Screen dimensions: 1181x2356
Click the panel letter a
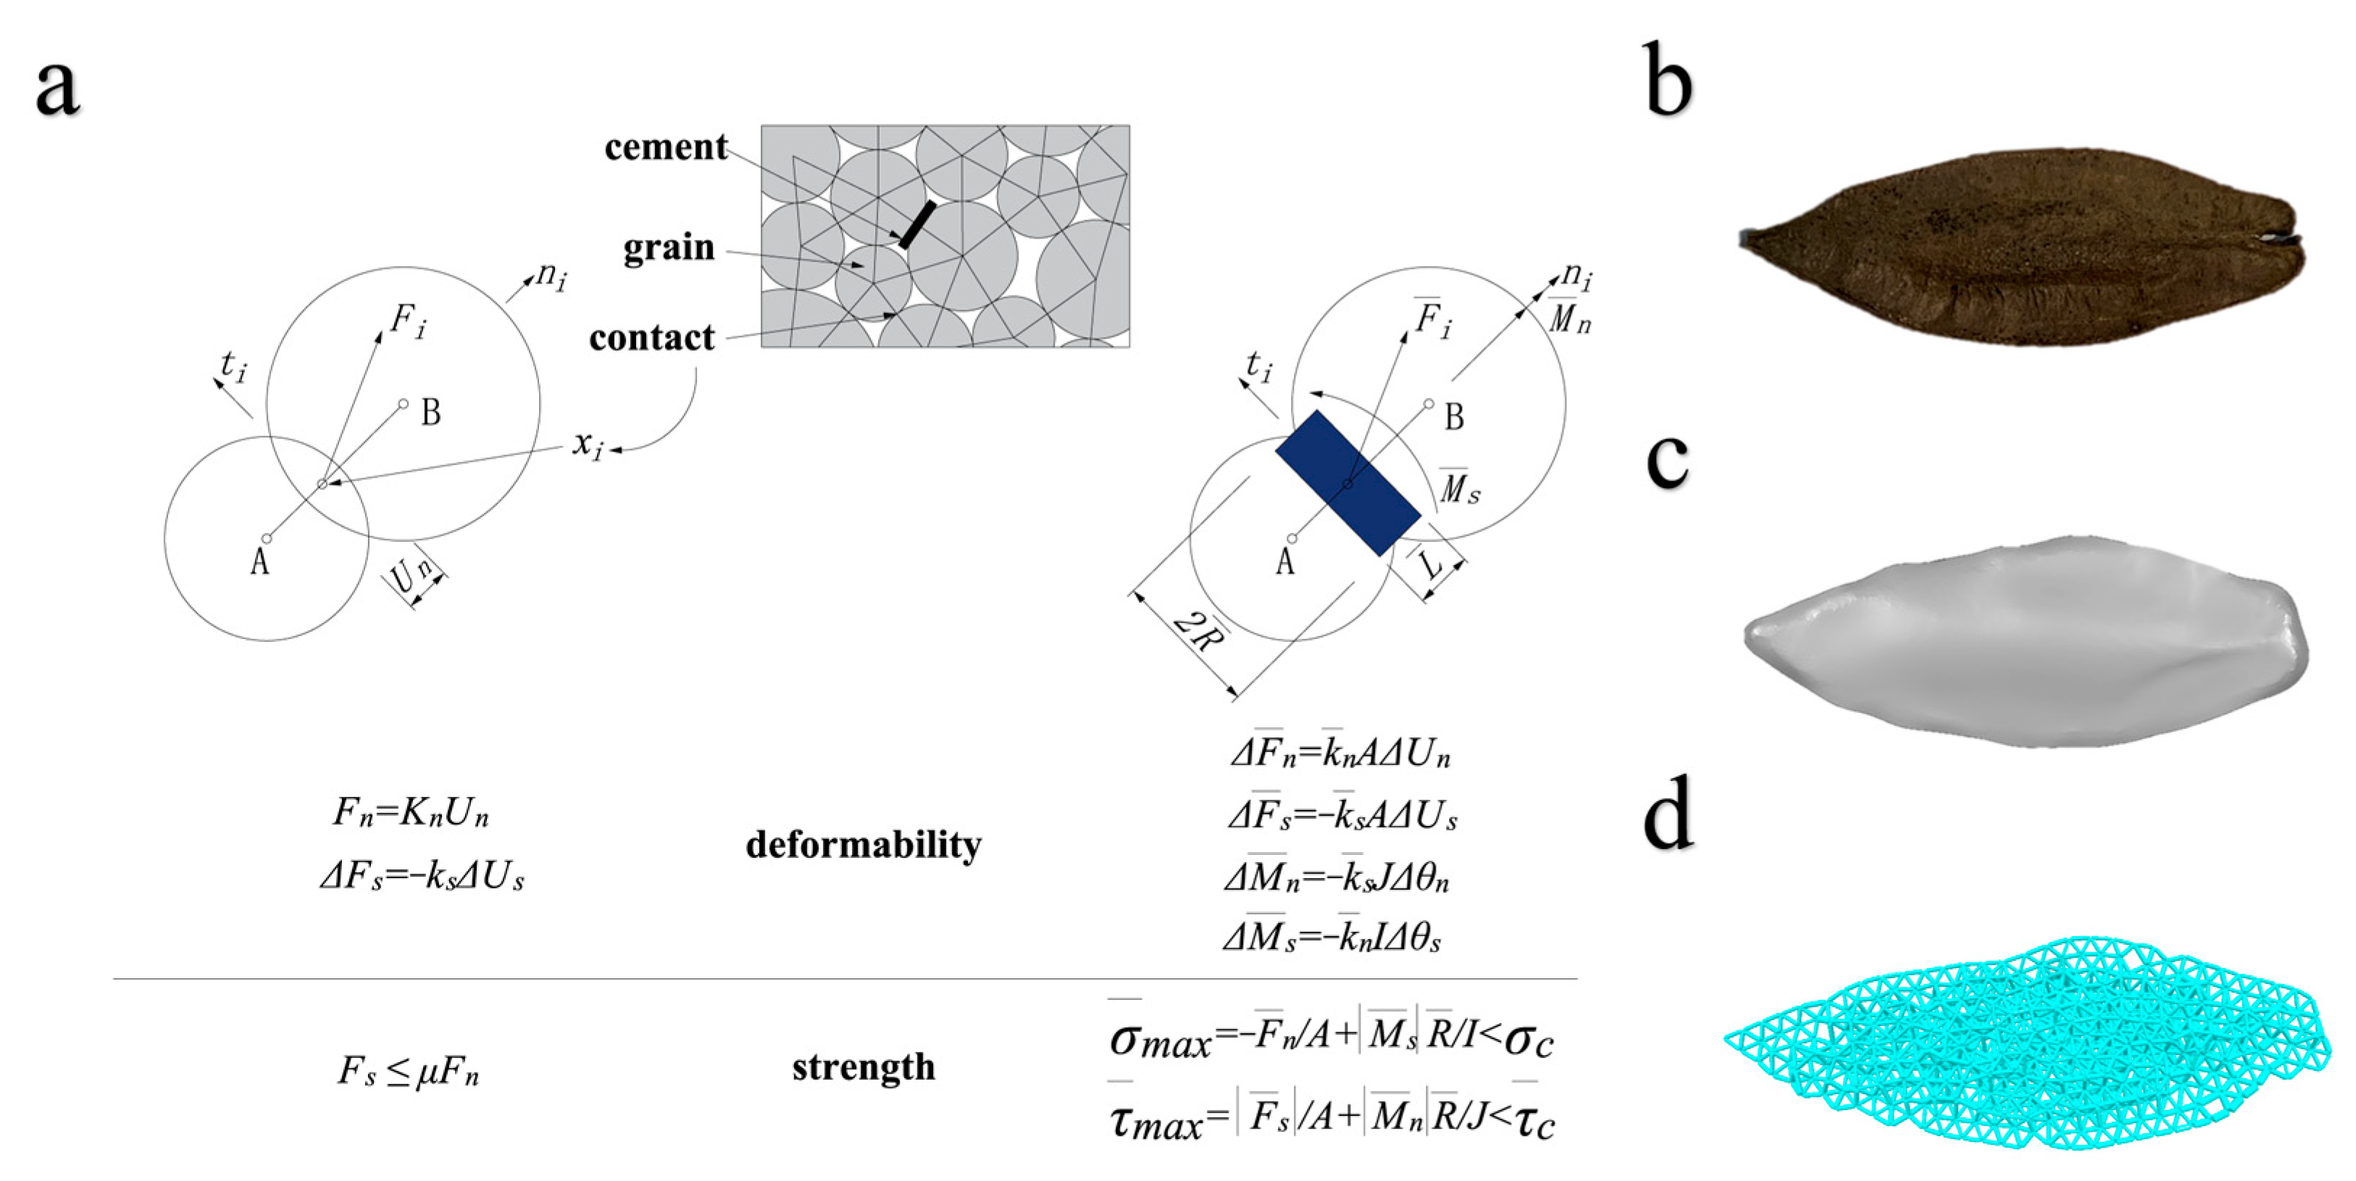pyautogui.click(x=57, y=88)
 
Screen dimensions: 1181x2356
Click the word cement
pyautogui.click(x=665, y=147)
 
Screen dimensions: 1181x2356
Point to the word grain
pyautogui.click(x=668, y=247)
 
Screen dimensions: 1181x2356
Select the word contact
pyautogui.click(x=651, y=338)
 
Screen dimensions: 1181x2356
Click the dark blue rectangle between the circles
pyautogui.click(x=1348, y=483)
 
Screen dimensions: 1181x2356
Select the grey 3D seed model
pyautogui.click(x=2026, y=640)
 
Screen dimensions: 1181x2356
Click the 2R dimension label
pyautogui.click(x=1199, y=632)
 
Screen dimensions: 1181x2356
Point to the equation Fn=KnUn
pyautogui.click(x=411, y=812)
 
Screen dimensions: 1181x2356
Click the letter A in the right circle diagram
pyautogui.click(x=1285, y=561)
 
